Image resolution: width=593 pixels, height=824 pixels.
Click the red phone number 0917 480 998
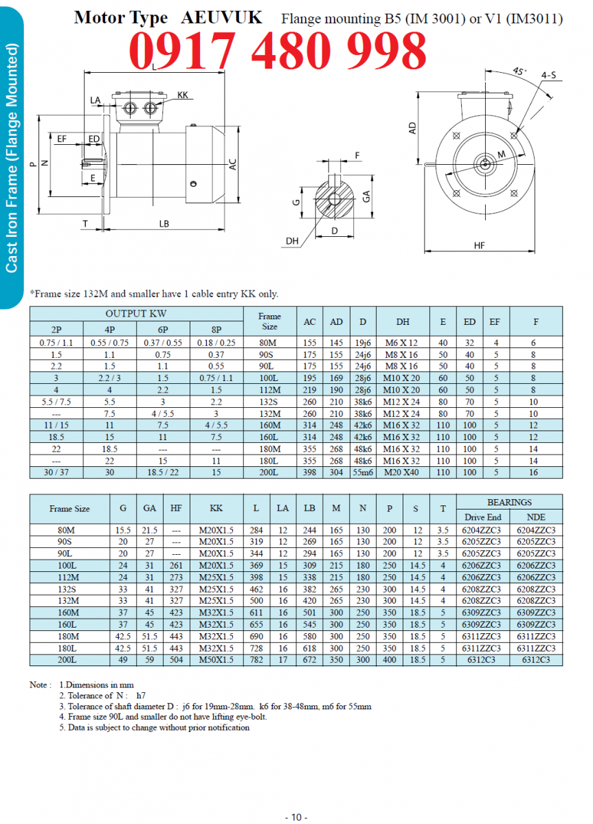tap(278, 50)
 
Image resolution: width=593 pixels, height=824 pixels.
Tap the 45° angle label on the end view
tap(519, 71)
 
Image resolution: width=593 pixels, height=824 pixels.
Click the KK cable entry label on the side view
tap(182, 95)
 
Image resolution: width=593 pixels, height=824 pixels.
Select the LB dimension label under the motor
tap(164, 223)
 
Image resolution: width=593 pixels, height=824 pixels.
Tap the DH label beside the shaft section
tap(292, 240)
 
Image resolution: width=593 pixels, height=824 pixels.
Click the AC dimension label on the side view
tap(233, 165)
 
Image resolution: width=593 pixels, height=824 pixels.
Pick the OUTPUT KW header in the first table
tap(136, 314)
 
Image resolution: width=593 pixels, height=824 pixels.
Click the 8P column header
tap(216, 328)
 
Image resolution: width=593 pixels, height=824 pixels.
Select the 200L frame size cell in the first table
tap(269, 472)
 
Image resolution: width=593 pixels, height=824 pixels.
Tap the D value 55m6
tap(362, 472)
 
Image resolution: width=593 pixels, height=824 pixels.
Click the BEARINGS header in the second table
tap(509, 502)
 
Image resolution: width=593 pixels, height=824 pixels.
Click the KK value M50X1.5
tap(216, 661)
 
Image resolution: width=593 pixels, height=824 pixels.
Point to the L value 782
tap(256, 661)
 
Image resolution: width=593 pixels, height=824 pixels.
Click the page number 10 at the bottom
tap(296, 816)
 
